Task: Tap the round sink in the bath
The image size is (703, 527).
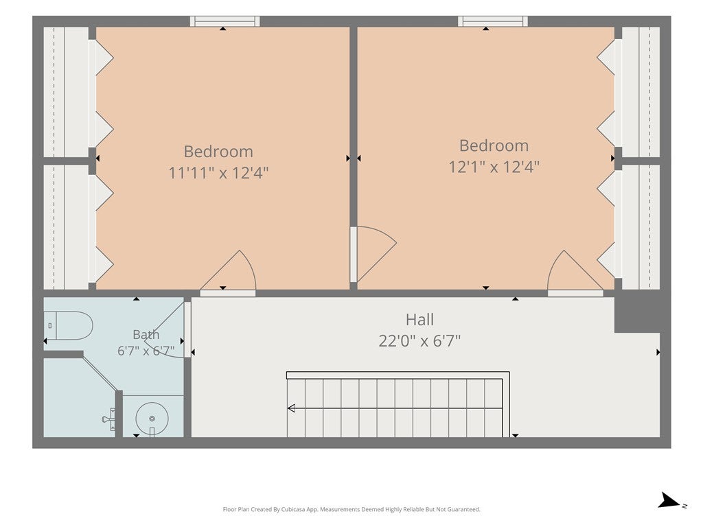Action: click(x=152, y=419)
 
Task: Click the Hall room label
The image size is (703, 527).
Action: click(x=419, y=320)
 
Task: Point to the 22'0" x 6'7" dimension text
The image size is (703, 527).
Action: click(x=419, y=341)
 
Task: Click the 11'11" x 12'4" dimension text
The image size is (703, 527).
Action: click(x=218, y=172)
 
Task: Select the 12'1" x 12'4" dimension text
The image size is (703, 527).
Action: click(x=494, y=167)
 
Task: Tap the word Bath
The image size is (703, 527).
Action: click(x=146, y=334)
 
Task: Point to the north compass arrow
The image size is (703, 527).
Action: click(x=669, y=500)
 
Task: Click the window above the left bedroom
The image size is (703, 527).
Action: click(x=224, y=21)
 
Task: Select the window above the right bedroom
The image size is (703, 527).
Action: click(x=493, y=21)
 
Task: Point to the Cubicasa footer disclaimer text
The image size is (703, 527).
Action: click(x=351, y=509)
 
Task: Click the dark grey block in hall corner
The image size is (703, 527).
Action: click(x=642, y=314)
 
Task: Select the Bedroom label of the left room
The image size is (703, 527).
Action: click(x=218, y=152)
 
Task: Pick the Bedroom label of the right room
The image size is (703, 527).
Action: click(x=494, y=145)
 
